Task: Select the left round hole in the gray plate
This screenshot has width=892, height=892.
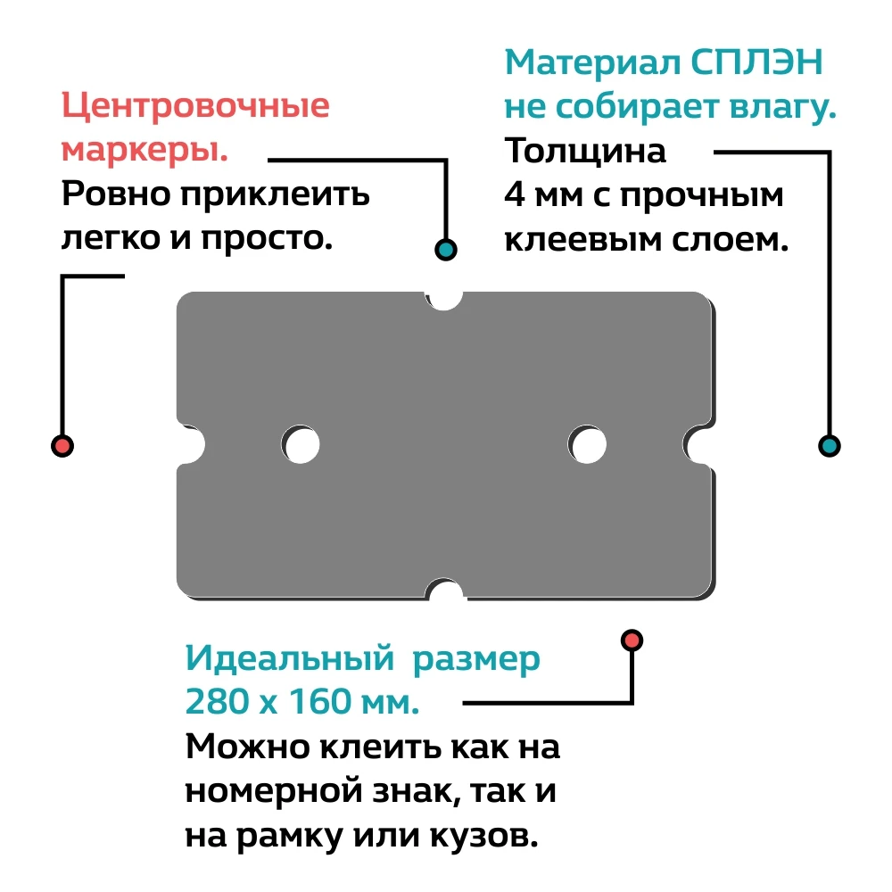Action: (301, 445)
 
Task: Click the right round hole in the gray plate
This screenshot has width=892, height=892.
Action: (588, 445)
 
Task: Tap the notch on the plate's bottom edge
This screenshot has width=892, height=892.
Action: (444, 591)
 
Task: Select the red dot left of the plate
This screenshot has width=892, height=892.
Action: (62, 445)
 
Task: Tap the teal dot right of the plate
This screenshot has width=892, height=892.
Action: (829, 445)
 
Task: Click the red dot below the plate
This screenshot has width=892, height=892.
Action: (632, 640)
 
